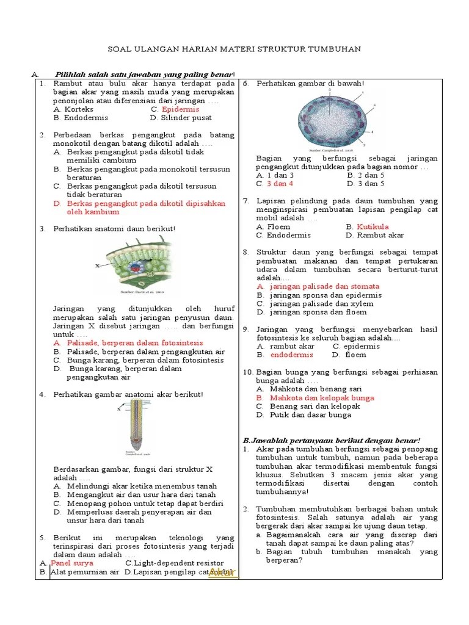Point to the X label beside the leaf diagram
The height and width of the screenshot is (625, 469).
point(97,266)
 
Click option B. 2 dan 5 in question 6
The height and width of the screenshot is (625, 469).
point(365,175)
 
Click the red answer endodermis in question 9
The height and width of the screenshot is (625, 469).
point(291,355)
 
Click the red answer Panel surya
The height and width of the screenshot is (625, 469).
point(71,563)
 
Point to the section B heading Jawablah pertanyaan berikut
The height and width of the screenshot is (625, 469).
point(332,440)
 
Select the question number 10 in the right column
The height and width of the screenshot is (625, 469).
point(248,372)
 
